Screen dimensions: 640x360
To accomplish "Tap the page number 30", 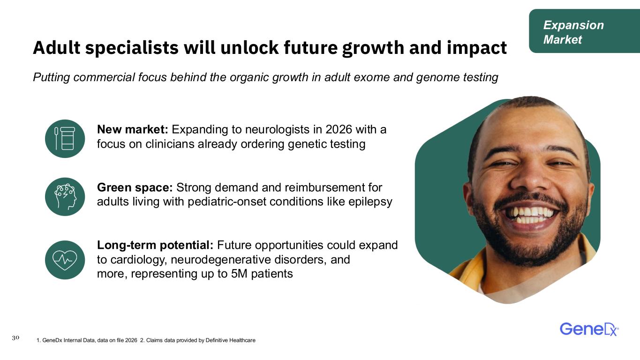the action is [16, 337].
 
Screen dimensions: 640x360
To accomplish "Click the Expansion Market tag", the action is [584, 31].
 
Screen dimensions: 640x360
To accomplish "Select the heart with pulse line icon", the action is [65, 260].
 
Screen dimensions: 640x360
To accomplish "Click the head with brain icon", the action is [65, 196].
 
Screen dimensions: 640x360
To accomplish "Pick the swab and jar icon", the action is [65, 139].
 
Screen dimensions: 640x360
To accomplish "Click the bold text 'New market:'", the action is [133, 129].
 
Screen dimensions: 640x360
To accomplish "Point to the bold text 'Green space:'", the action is [135, 187].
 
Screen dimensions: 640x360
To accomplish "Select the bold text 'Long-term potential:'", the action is [155, 245].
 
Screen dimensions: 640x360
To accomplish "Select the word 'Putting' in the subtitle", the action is [52, 77].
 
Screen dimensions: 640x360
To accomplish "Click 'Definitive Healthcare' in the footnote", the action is [230, 340].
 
